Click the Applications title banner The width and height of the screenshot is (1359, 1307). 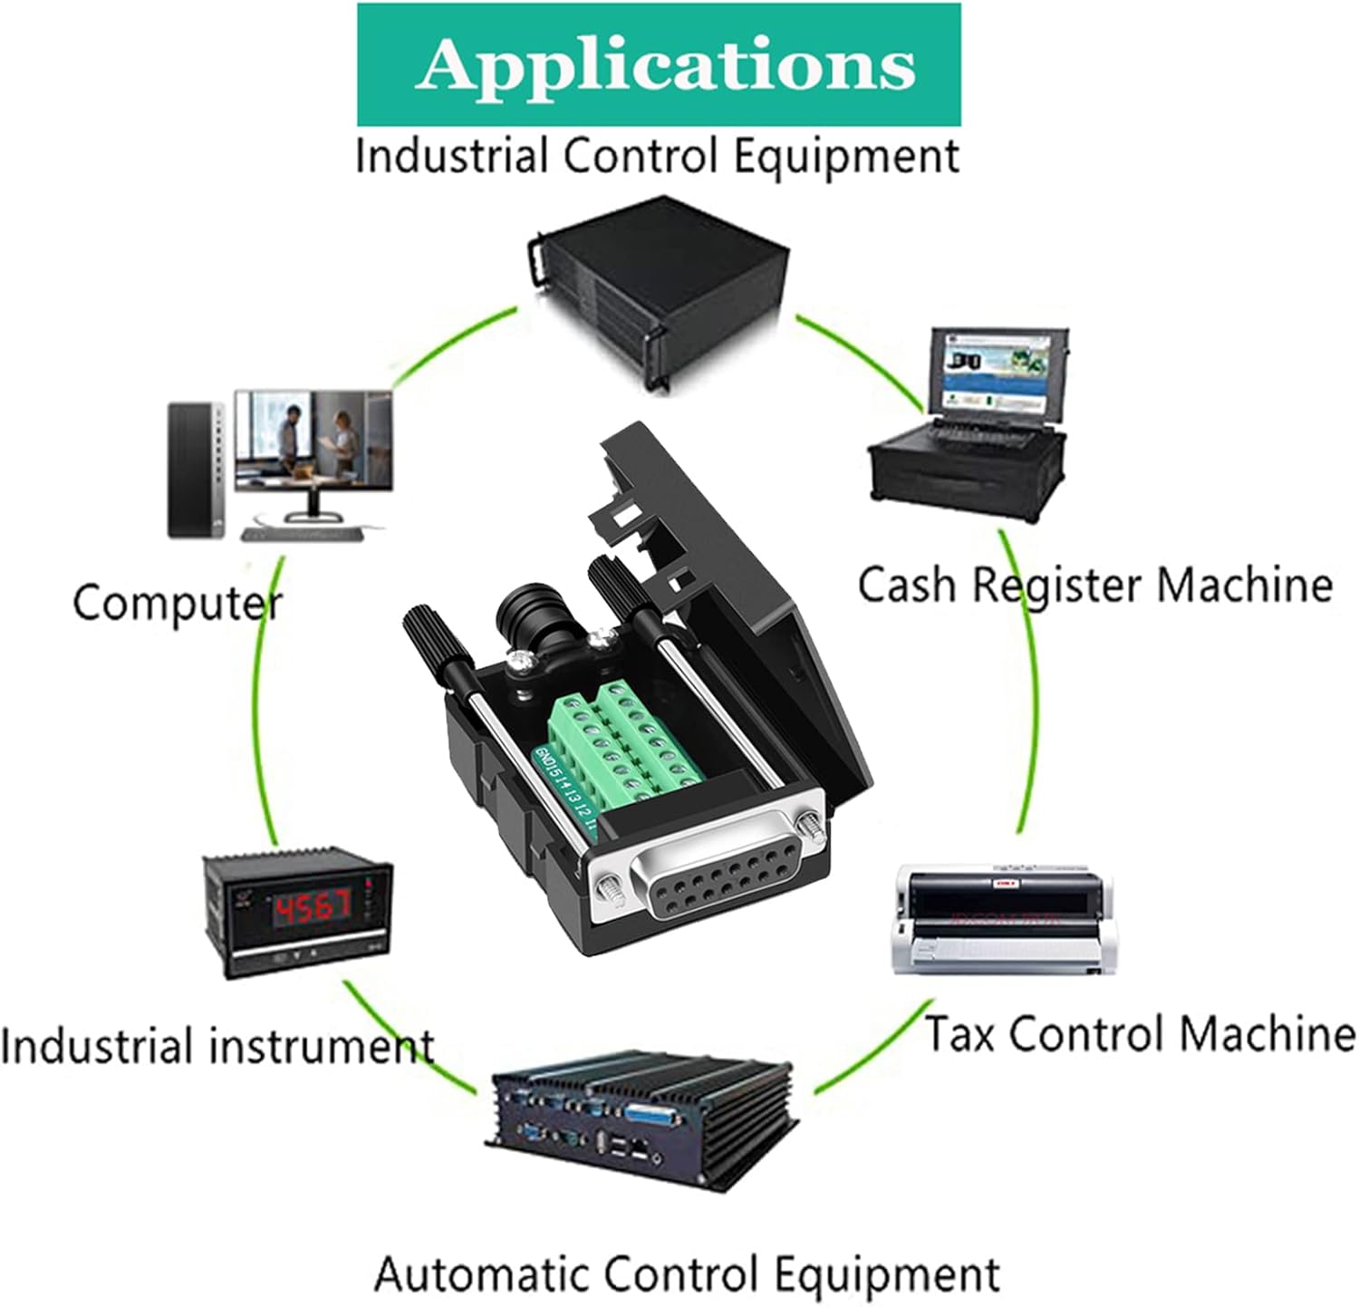click(x=659, y=63)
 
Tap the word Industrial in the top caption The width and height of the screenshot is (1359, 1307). click(x=450, y=156)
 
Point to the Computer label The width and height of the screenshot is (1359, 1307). click(x=177, y=603)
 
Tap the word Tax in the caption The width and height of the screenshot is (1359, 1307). click(x=959, y=1033)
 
